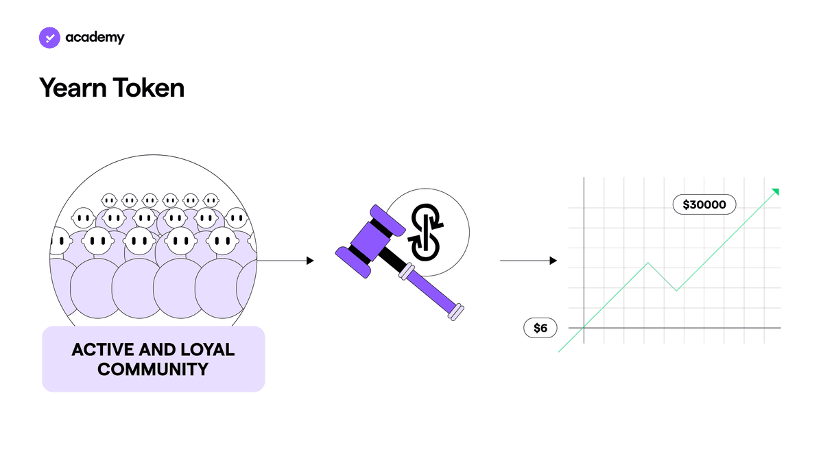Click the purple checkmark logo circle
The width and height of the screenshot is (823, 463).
point(49,38)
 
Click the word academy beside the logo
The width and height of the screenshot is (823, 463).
point(95,38)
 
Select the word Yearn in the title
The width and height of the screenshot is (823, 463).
point(72,88)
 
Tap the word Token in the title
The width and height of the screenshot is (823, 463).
point(149,88)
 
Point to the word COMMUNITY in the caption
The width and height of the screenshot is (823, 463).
point(153,369)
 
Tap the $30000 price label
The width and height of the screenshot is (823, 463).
point(704,204)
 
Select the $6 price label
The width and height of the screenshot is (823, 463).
point(540,328)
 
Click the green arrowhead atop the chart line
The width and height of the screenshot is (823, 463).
point(776,191)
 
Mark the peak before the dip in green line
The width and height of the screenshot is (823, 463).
point(648,263)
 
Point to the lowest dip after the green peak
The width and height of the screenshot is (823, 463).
point(676,290)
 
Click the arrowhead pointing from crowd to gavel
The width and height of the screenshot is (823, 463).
point(311,261)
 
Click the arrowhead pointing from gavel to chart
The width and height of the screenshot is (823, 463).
point(553,261)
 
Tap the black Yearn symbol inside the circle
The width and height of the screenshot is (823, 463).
point(425,233)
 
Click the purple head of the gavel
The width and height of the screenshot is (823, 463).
point(370,241)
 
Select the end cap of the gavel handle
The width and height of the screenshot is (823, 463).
point(456,312)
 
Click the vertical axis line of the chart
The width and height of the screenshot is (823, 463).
point(584,260)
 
